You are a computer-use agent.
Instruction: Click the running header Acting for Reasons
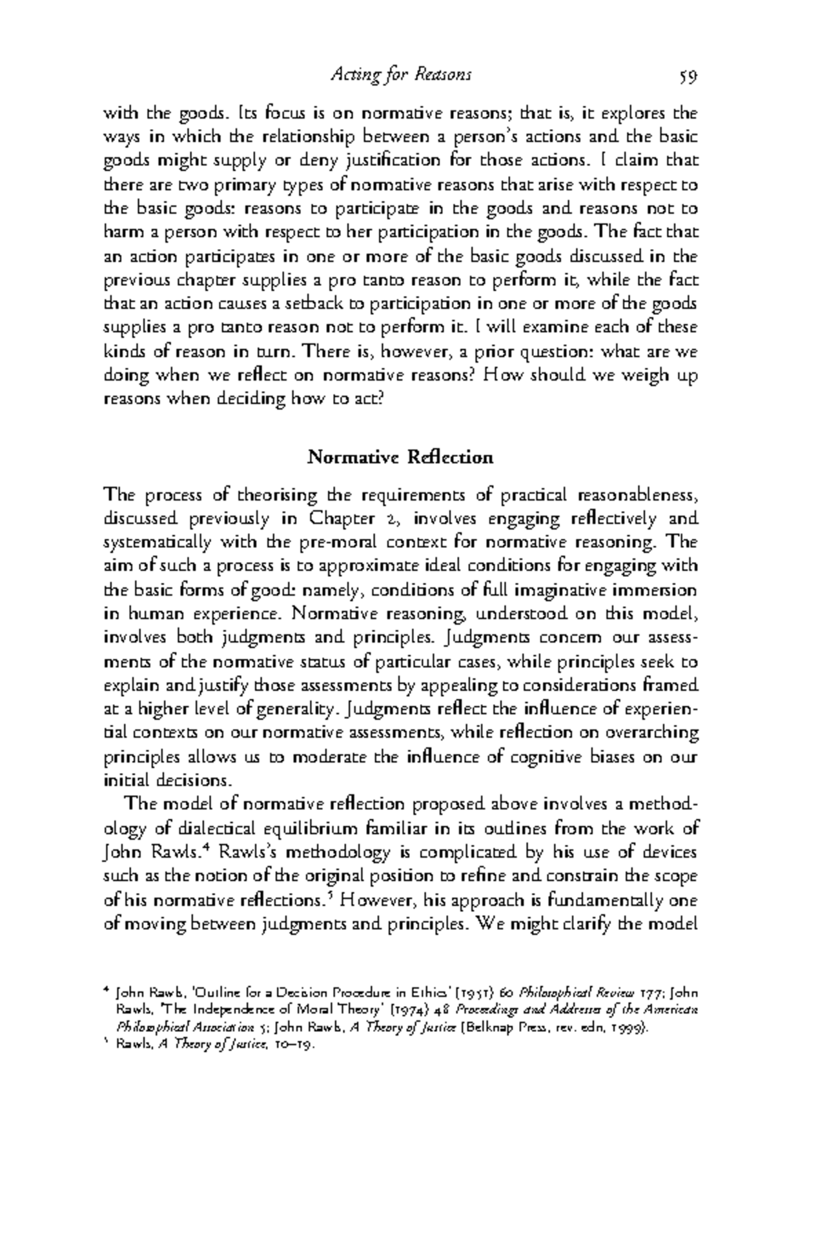point(400,74)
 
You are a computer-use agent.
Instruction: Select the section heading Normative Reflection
point(400,457)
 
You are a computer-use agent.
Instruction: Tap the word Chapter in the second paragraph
point(343,518)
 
